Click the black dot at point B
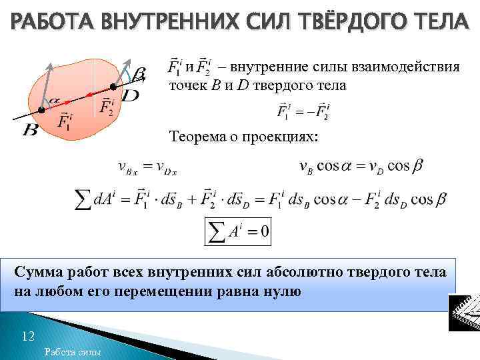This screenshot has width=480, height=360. click(41, 109)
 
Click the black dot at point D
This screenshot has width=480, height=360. click(113, 87)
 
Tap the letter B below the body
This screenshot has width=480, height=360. click(30, 129)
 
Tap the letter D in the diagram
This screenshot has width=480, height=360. click(131, 97)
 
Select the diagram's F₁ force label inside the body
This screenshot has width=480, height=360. click(65, 121)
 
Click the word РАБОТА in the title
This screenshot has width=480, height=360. click(51, 22)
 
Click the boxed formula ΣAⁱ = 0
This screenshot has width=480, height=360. click(237, 231)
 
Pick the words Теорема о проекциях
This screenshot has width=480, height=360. click(244, 137)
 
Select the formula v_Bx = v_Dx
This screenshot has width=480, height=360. click(147, 167)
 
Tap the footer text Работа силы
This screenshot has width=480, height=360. click(71, 352)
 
